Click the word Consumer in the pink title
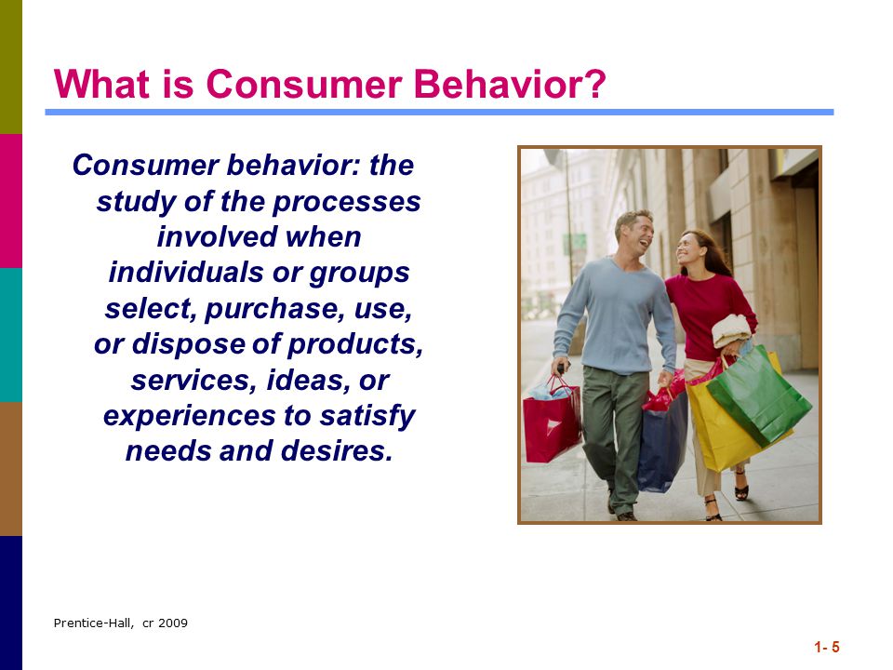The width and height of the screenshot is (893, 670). (x=303, y=85)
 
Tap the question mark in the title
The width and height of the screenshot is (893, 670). (x=594, y=84)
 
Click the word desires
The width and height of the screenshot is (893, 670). (x=337, y=450)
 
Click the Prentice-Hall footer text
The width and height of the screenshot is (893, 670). (x=94, y=623)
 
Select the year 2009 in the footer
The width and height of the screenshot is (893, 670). (x=173, y=623)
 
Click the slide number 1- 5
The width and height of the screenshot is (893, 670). (x=827, y=648)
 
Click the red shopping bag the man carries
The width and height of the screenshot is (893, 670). (x=552, y=422)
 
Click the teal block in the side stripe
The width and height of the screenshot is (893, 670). (x=11, y=335)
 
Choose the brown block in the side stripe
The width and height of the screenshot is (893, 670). (x=11, y=469)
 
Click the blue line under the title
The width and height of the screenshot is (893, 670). (x=439, y=113)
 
